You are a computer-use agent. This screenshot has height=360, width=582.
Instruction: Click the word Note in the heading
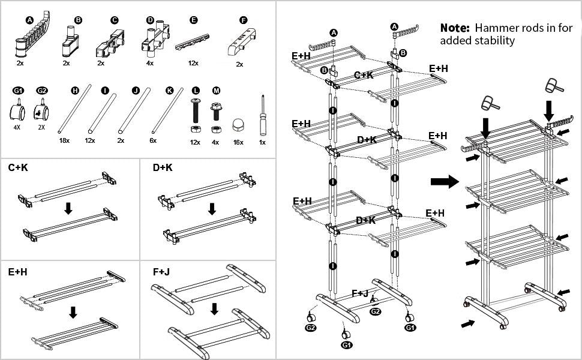pos(455,28)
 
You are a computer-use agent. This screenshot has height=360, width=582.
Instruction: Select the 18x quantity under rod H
pos(64,140)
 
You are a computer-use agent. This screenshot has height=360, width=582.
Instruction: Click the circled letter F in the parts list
pos(243,20)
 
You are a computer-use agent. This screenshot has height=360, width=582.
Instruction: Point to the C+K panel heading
pos(18,168)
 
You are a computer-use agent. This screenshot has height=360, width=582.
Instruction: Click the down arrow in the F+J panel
pos(214,309)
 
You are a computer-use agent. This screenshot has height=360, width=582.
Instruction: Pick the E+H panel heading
pos(18,272)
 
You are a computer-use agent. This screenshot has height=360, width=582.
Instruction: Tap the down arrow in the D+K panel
pos(211,208)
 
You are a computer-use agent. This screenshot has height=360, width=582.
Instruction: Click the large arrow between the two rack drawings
pos(445,181)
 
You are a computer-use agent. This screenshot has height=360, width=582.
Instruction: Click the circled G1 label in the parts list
pos(19,91)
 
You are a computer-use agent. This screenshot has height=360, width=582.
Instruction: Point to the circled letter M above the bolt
pos(216,91)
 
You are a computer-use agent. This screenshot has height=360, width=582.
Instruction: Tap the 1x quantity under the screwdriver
pos(262,142)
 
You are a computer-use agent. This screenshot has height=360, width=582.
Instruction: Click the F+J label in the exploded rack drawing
pos(361,293)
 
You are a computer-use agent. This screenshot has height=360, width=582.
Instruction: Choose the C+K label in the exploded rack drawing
pos(364,76)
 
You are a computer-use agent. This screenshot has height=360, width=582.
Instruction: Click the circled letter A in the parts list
pos(29,20)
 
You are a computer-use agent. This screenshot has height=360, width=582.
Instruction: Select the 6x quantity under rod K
pos(152,140)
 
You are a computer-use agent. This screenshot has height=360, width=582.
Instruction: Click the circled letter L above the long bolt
pos(195,91)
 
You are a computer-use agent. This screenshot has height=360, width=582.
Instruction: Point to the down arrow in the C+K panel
pos(68,208)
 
